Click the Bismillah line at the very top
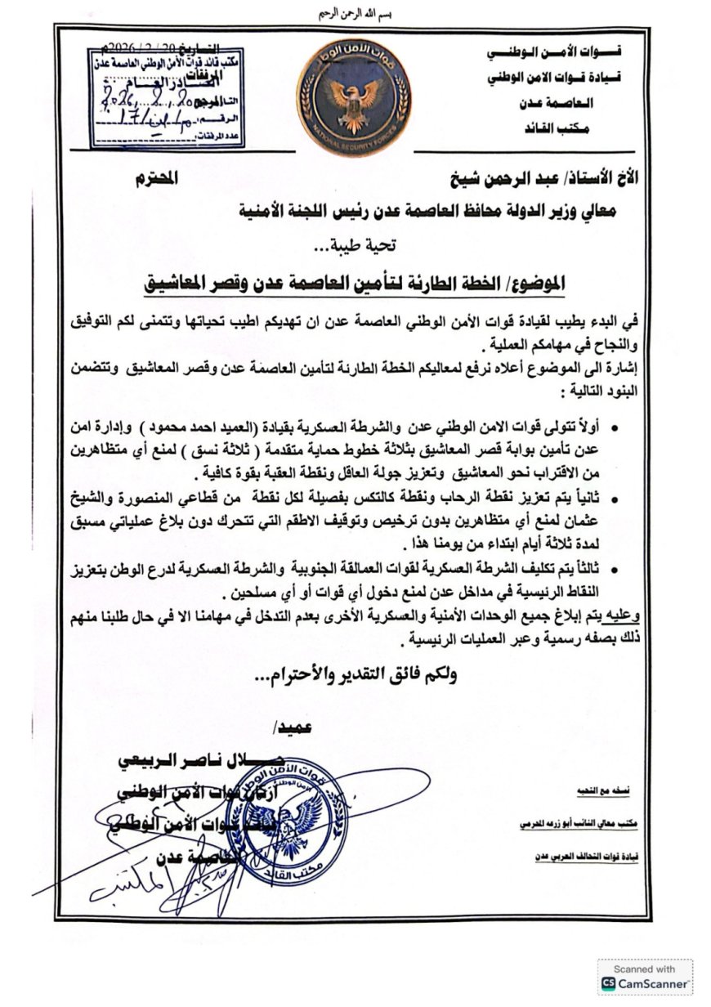pos(355,14)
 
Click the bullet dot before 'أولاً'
pos(614,427)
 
